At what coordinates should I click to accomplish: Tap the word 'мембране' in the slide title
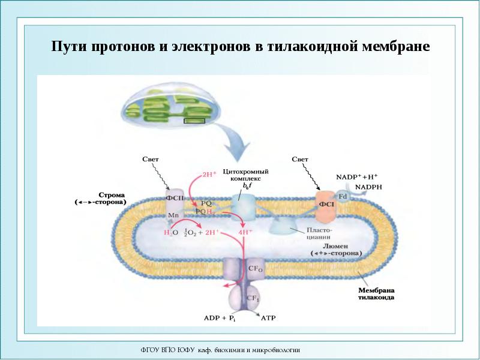(x=397, y=46)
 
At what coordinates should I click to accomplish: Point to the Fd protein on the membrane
(x=343, y=196)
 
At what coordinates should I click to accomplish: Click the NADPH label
(x=368, y=187)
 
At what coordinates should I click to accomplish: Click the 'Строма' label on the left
(x=110, y=196)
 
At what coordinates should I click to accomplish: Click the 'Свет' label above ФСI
(x=300, y=160)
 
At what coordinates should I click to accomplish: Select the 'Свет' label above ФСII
(x=150, y=160)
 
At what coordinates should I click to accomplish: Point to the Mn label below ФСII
(x=173, y=215)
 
